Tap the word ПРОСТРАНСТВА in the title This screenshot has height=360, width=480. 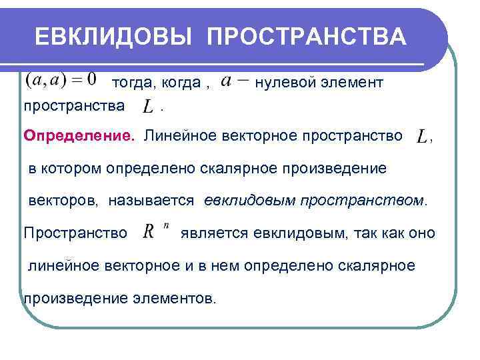coord(307,37)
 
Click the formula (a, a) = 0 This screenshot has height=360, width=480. coord(61,81)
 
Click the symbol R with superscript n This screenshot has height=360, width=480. coord(154,232)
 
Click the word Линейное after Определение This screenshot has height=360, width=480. coord(175,137)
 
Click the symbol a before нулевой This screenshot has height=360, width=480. coord(226,81)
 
